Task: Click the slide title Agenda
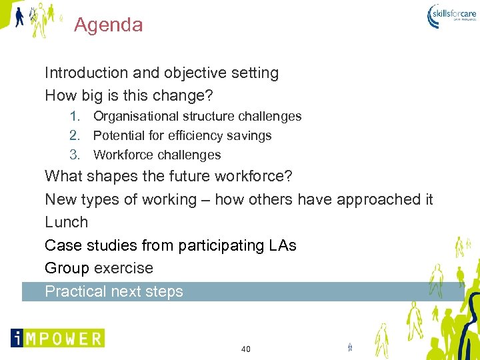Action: point(108,25)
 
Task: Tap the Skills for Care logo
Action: point(451,16)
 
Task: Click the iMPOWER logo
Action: point(57,338)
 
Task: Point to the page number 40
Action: point(245,349)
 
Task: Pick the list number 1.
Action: point(75,117)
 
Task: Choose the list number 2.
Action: point(75,136)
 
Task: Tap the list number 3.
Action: point(75,155)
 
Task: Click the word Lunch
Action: point(66,222)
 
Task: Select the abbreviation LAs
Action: point(282,245)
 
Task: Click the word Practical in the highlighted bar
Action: point(75,291)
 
